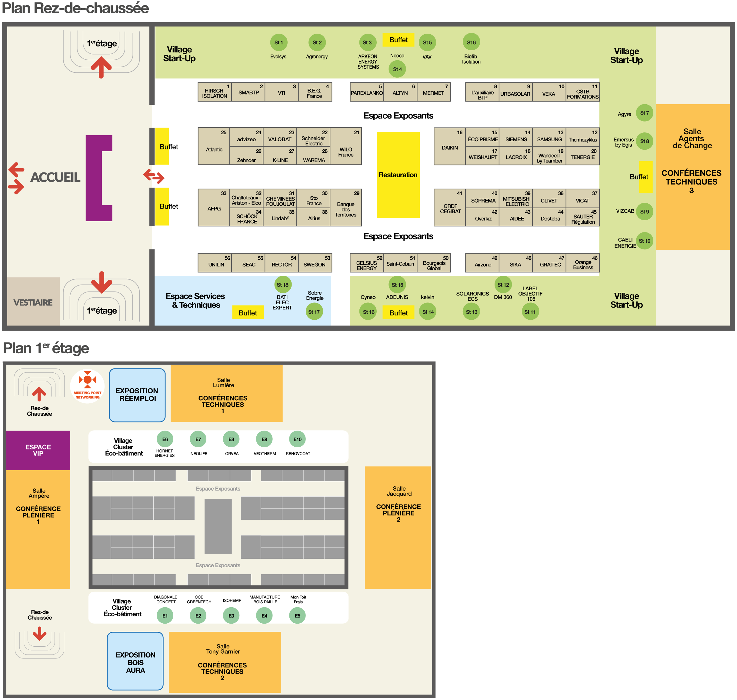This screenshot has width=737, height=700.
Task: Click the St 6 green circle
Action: [x=471, y=42]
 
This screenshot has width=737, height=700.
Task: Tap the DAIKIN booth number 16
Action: [x=450, y=147]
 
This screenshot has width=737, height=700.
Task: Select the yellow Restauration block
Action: [x=398, y=175]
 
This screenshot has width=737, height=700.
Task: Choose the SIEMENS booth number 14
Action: [x=516, y=137]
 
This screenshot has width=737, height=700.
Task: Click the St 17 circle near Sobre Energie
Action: [x=314, y=312]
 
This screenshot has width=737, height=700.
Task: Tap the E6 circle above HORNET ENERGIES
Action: [x=165, y=439]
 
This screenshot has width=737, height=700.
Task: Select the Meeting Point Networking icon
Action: [x=87, y=386]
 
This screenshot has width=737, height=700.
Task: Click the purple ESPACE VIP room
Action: [x=38, y=450]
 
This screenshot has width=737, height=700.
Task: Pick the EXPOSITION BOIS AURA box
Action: [x=135, y=662]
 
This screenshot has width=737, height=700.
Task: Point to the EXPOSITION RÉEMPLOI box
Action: [x=137, y=395]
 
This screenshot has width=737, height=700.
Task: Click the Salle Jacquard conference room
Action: [x=398, y=528]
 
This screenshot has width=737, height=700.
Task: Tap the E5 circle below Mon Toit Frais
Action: [x=297, y=616]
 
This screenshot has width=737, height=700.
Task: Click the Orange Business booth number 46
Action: [x=582, y=263]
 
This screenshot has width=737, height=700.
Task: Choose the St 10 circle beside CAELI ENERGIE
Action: [x=645, y=241]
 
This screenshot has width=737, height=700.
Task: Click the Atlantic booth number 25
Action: [x=214, y=147]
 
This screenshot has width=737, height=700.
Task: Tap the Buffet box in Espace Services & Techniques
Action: [x=248, y=313]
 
